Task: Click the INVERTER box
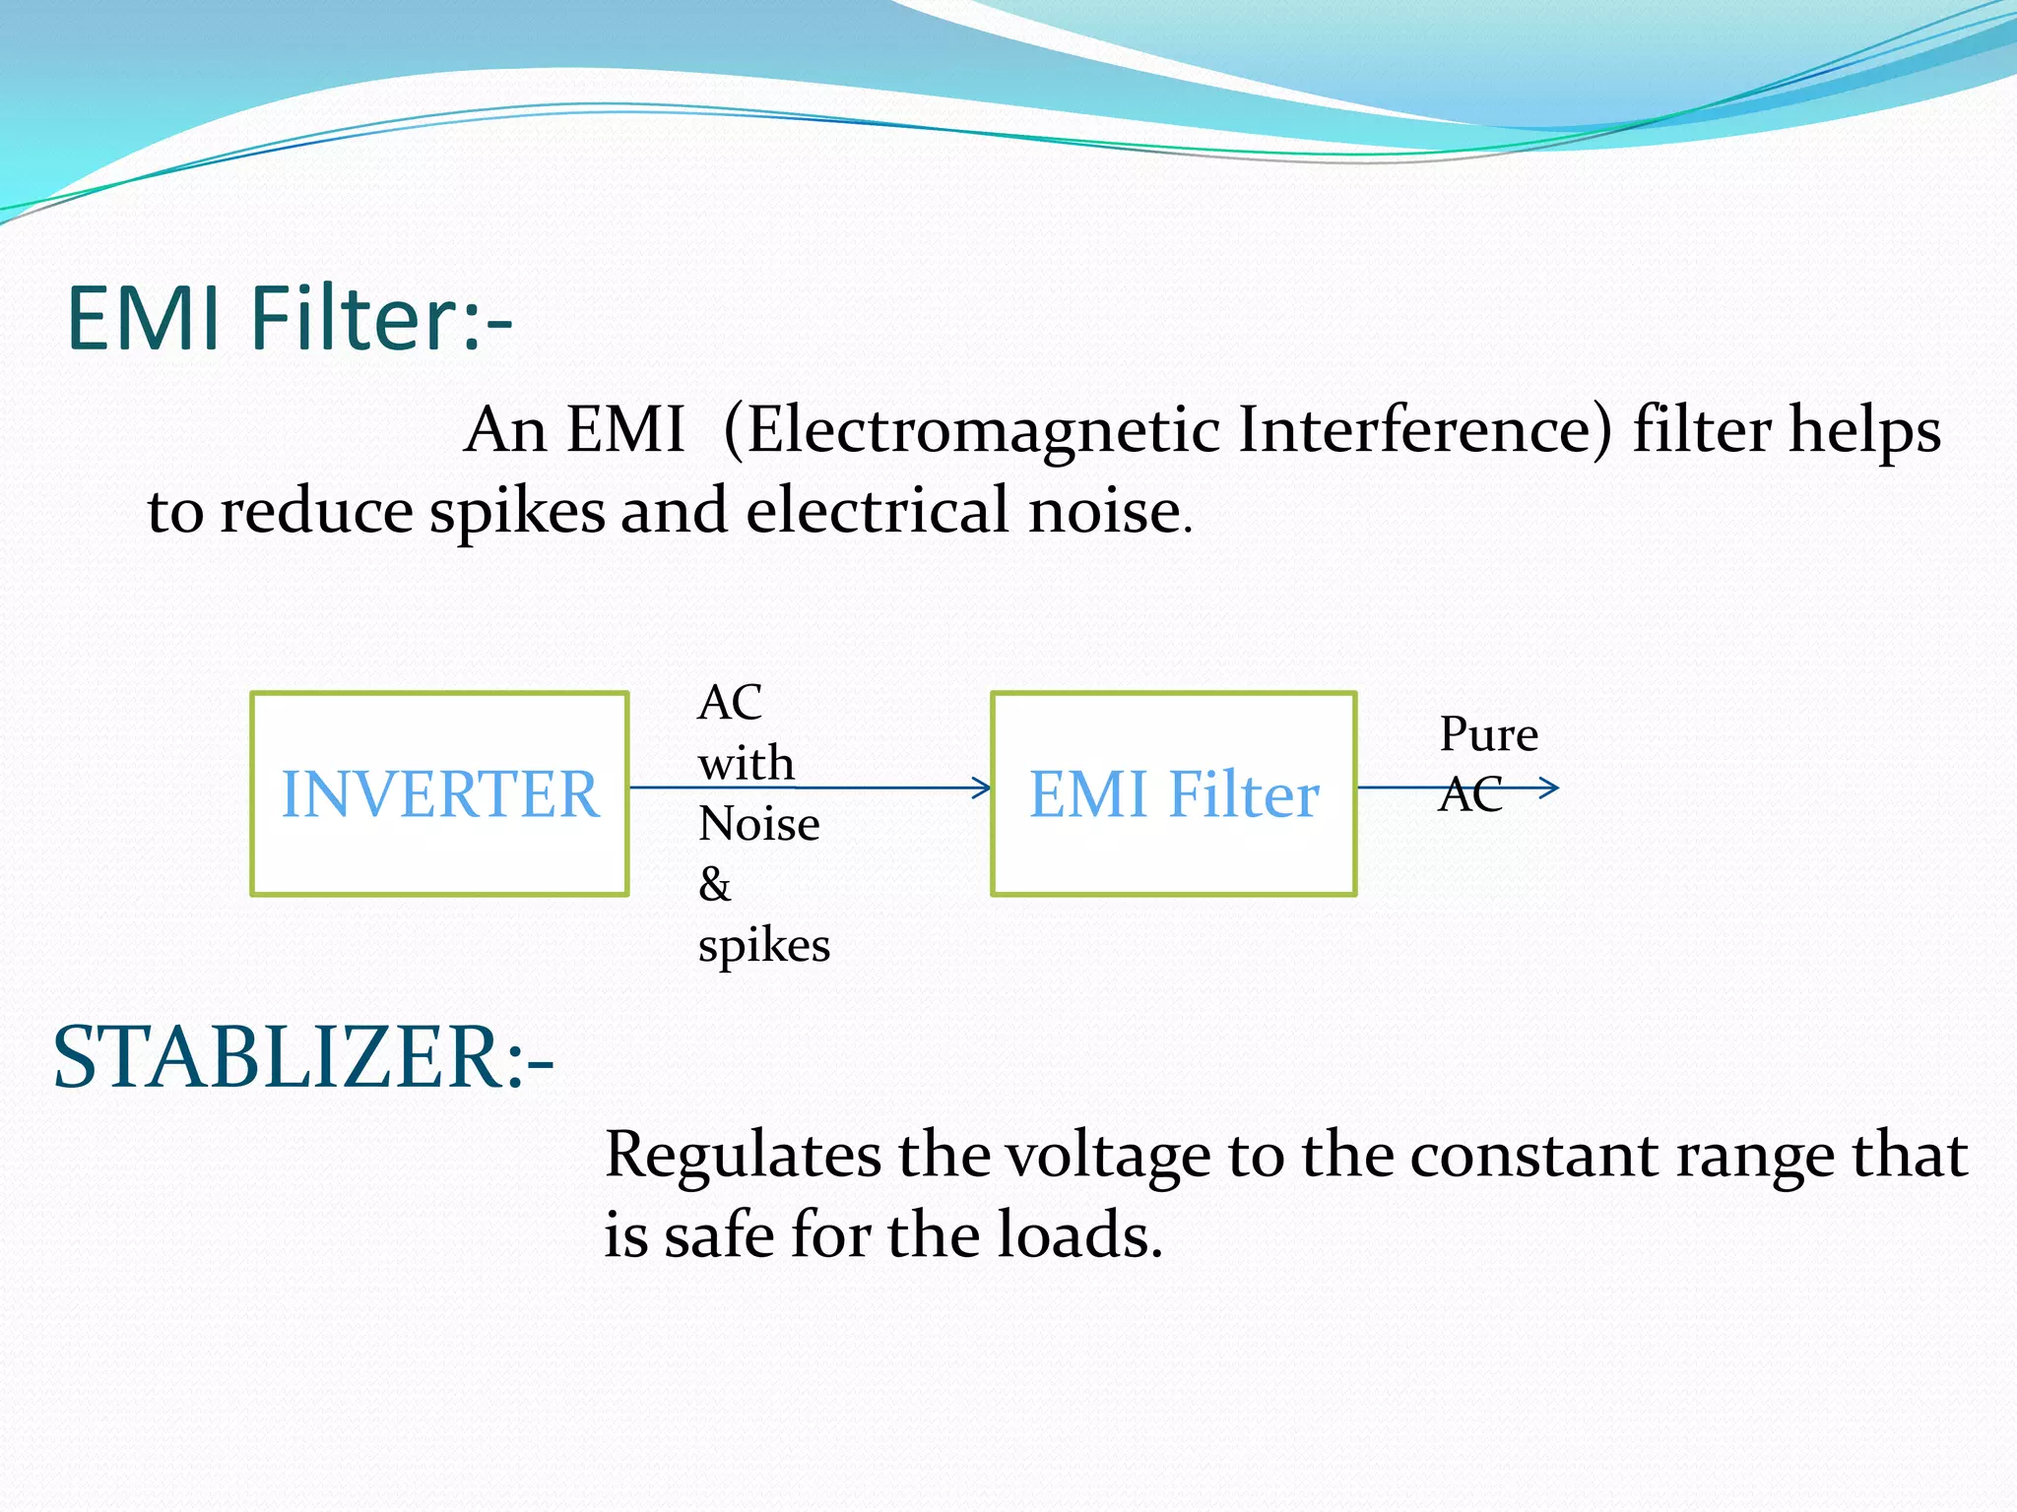coord(439,793)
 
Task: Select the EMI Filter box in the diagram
coord(1173,793)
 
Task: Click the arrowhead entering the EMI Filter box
coord(982,787)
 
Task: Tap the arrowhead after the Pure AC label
coord(1549,787)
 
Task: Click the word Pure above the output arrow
coord(1488,734)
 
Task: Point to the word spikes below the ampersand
coord(763,946)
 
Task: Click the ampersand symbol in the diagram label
coord(715,884)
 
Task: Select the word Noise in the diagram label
coord(758,824)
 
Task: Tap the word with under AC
coord(746,764)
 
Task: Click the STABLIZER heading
coord(302,1058)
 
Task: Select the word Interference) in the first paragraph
coord(1425,431)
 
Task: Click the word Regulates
coord(743,1155)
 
